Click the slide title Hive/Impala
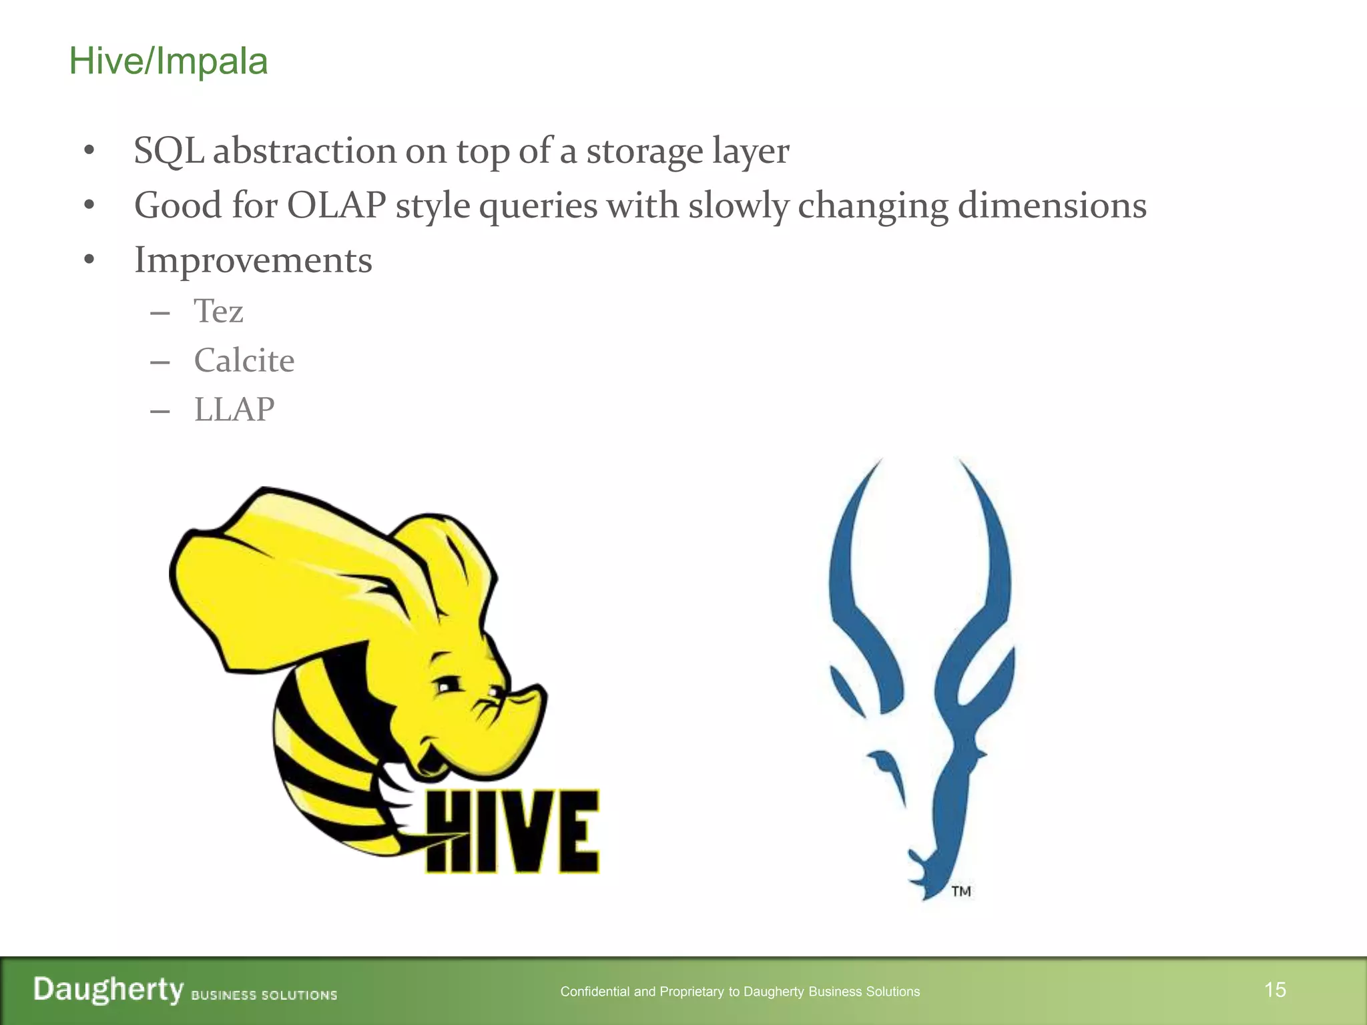coord(168,61)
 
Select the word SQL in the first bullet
coord(168,151)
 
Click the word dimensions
coord(1052,206)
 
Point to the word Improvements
coord(253,260)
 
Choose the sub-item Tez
coord(218,312)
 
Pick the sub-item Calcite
coord(244,361)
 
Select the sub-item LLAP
coord(234,410)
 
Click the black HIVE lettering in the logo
coord(512,831)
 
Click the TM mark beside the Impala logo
coord(961,892)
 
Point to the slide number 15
coord(1275,990)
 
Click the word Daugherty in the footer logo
coord(108,990)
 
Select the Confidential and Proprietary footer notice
coord(740,992)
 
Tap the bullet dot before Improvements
coord(89,260)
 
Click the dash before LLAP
coord(160,411)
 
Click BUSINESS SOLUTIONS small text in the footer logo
coord(264,995)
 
